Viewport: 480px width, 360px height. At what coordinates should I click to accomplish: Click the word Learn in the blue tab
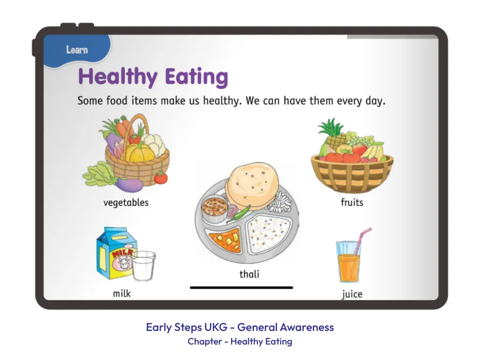click(x=77, y=50)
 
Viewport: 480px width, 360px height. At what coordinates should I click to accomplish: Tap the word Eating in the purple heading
click(x=196, y=77)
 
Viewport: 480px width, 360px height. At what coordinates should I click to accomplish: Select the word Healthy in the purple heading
click(x=118, y=76)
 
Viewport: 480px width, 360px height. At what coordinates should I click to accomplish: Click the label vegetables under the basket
click(x=126, y=202)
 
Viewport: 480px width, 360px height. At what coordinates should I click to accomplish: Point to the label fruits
click(x=352, y=202)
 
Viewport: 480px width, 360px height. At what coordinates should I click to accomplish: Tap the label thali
click(x=249, y=274)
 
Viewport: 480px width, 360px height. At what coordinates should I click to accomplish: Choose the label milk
click(x=122, y=293)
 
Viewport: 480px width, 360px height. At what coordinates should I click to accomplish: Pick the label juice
click(x=352, y=294)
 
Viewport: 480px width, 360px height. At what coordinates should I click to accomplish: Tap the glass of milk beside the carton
click(x=143, y=266)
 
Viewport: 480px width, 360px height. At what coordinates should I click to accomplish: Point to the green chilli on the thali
click(x=239, y=213)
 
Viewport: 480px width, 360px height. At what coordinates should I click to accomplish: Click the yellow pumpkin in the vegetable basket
click(x=139, y=152)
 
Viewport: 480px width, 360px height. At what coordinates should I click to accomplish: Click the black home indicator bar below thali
click(x=241, y=288)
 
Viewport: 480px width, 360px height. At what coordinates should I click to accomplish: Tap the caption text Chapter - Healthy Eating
click(x=240, y=341)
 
